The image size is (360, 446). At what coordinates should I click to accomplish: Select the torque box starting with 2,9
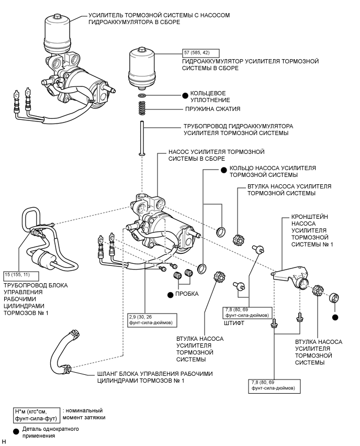[x=151, y=319]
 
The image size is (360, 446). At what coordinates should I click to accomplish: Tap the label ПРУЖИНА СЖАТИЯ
[x=212, y=109]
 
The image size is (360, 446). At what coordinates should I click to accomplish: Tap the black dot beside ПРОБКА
[x=170, y=294]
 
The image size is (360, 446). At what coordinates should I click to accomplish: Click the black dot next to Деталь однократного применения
[x=18, y=431]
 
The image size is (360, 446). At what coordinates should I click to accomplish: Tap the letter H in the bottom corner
[x=4, y=442]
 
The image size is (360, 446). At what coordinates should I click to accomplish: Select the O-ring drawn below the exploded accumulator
[x=142, y=96]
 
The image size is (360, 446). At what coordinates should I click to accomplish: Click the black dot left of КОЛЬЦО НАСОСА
[x=222, y=169]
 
